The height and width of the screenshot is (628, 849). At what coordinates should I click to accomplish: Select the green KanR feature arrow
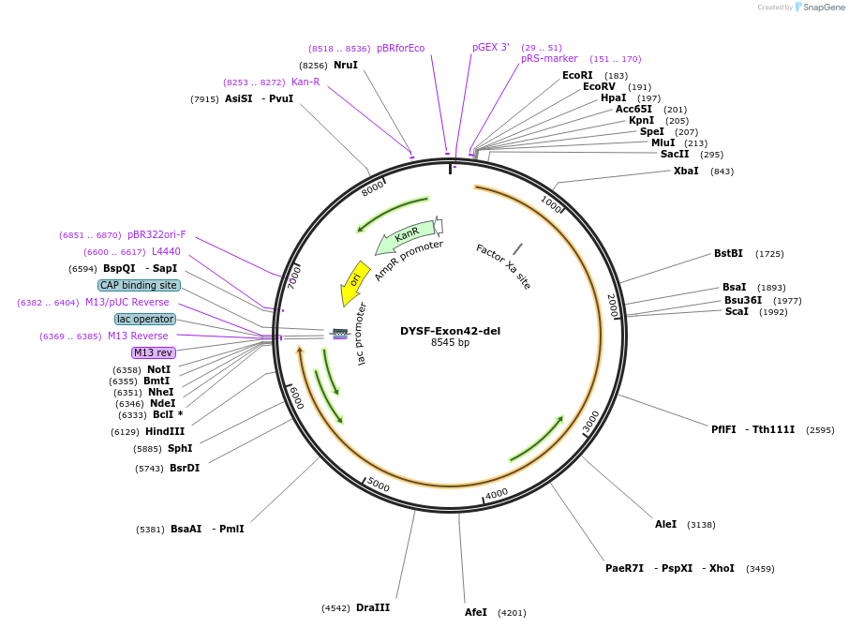(x=406, y=235)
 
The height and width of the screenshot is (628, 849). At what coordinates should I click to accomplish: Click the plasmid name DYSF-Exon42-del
(x=450, y=331)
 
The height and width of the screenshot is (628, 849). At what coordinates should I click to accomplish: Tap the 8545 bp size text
(x=450, y=343)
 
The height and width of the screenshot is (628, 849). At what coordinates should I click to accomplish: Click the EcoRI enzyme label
(x=577, y=76)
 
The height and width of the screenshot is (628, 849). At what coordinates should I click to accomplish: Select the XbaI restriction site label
(x=686, y=172)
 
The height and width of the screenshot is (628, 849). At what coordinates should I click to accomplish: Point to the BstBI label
(x=728, y=254)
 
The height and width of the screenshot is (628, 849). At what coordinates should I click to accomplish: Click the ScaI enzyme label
(x=737, y=312)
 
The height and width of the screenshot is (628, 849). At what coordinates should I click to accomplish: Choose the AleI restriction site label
(x=665, y=525)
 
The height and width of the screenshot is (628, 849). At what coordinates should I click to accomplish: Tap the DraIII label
(x=373, y=608)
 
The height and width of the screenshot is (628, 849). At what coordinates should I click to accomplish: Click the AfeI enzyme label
(x=476, y=613)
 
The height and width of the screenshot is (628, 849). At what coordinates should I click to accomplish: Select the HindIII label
(x=165, y=432)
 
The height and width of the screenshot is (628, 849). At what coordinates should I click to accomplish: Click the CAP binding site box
(x=139, y=285)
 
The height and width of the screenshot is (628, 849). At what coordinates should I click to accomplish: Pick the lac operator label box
(x=145, y=319)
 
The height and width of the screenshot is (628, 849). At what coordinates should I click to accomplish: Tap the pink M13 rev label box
(x=152, y=352)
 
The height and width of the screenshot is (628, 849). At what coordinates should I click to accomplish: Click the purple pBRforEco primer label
(x=400, y=49)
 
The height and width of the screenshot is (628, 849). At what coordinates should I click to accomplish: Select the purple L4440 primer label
(x=165, y=252)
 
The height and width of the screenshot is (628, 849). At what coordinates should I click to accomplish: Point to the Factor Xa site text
(x=503, y=266)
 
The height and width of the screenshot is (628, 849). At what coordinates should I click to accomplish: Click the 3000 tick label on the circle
(x=590, y=422)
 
